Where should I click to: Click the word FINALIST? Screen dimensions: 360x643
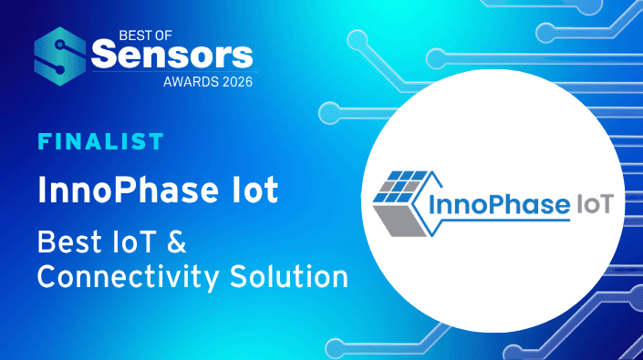100,142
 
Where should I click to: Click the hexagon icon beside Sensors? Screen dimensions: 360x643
61,57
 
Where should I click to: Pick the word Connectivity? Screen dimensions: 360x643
129,274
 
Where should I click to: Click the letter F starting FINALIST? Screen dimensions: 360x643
42,142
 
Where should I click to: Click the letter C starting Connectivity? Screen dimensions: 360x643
47,274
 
